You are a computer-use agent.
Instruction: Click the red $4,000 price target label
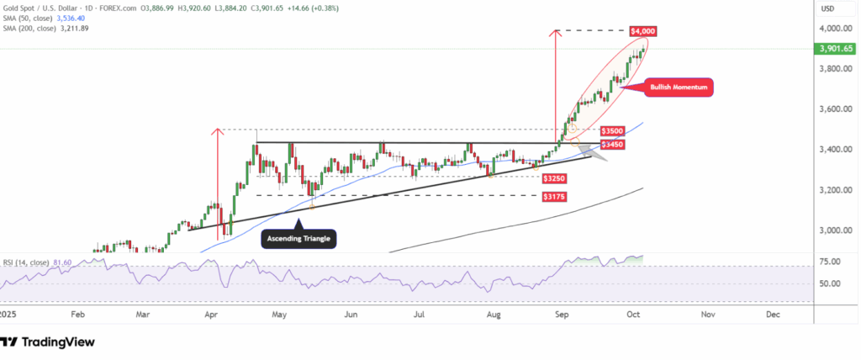(x=642, y=31)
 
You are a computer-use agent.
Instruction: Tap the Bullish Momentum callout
(x=679, y=87)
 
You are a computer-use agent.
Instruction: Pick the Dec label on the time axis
(x=773, y=314)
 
